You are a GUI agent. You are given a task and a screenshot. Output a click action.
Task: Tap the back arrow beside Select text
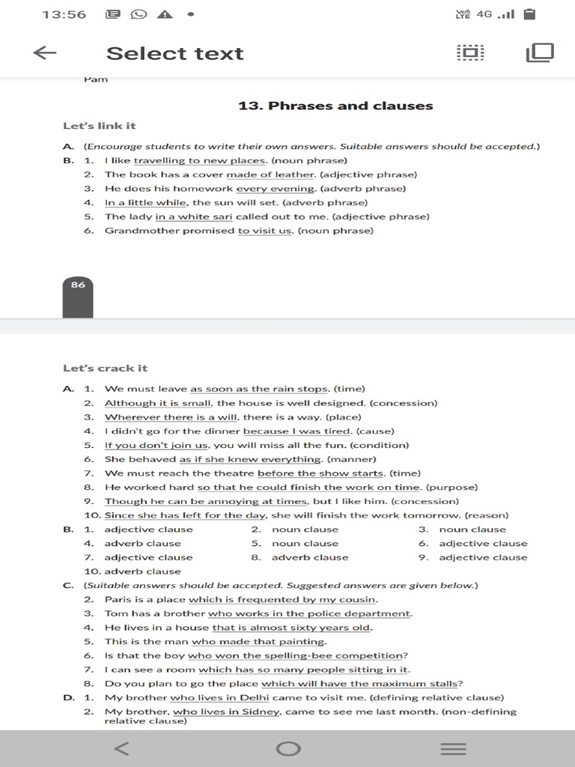[x=45, y=52]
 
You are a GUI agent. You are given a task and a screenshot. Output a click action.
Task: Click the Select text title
[x=174, y=53]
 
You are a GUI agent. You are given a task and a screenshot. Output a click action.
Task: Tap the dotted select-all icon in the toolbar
[x=470, y=52]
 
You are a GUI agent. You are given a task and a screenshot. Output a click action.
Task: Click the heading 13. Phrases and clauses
[x=335, y=106]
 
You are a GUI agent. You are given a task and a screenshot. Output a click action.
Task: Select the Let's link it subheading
[x=100, y=126]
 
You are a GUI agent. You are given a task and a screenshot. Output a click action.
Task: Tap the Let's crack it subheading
[x=106, y=368]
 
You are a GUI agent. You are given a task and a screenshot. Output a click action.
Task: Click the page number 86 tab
[x=78, y=285]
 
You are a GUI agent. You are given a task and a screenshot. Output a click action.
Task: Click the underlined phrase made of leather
[x=272, y=175]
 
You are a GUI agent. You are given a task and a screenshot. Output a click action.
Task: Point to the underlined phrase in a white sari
[x=194, y=216]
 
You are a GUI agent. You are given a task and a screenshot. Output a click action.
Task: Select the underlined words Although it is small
[x=158, y=403]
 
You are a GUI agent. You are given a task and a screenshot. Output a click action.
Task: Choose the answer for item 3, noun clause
[x=472, y=530]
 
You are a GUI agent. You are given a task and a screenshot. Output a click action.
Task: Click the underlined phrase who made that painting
[x=258, y=641]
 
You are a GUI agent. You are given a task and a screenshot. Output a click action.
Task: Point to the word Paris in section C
[x=118, y=599]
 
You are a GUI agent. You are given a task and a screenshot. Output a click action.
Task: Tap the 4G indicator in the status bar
[x=484, y=13]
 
